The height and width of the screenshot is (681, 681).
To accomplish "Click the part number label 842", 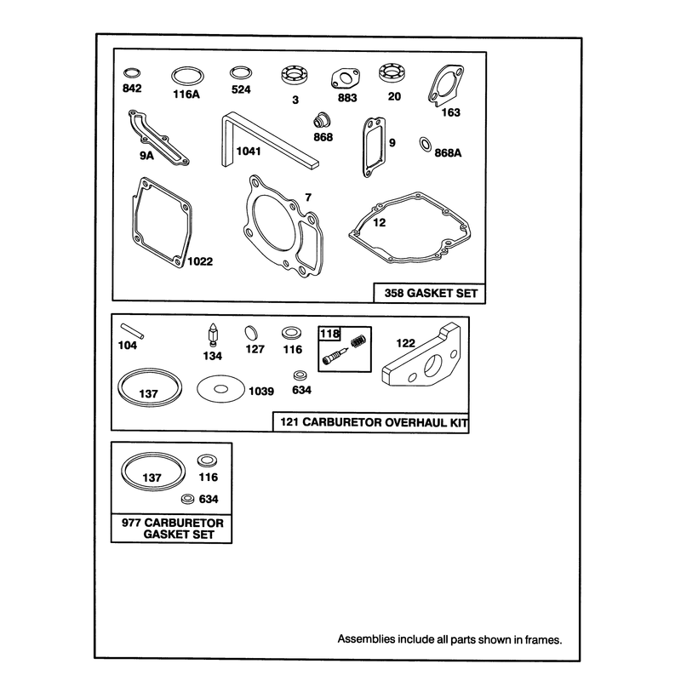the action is click(x=132, y=89).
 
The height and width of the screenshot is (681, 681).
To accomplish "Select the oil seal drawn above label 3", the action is click(x=295, y=75).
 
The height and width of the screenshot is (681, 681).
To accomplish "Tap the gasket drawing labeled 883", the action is click(x=346, y=79).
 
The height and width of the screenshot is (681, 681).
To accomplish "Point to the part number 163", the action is click(x=450, y=112).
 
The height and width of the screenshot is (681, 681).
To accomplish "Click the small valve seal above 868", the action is click(x=322, y=120).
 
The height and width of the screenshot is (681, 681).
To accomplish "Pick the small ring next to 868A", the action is click(x=426, y=144).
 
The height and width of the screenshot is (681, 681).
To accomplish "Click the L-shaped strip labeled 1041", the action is click(x=269, y=140).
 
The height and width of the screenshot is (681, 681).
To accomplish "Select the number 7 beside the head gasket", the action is click(x=308, y=197).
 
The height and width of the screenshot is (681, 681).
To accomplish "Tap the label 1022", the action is click(x=200, y=261).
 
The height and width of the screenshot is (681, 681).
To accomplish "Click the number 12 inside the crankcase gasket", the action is click(x=379, y=223).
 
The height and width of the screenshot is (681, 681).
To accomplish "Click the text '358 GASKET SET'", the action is click(x=431, y=293).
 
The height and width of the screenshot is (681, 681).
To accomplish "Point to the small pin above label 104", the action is click(x=132, y=331).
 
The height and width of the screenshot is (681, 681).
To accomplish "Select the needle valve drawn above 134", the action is click(x=213, y=335).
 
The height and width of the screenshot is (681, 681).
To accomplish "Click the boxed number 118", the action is click(x=329, y=334).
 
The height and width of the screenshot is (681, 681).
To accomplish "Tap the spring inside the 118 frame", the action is click(x=358, y=341).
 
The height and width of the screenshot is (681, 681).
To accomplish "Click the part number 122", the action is click(x=406, y=343).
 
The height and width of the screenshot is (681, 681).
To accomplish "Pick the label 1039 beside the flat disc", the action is click(x=261, y=392).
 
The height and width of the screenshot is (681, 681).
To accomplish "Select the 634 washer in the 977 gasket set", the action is click(x=187, y=499).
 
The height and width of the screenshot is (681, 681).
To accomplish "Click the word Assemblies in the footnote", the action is click(x=360, y=639).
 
